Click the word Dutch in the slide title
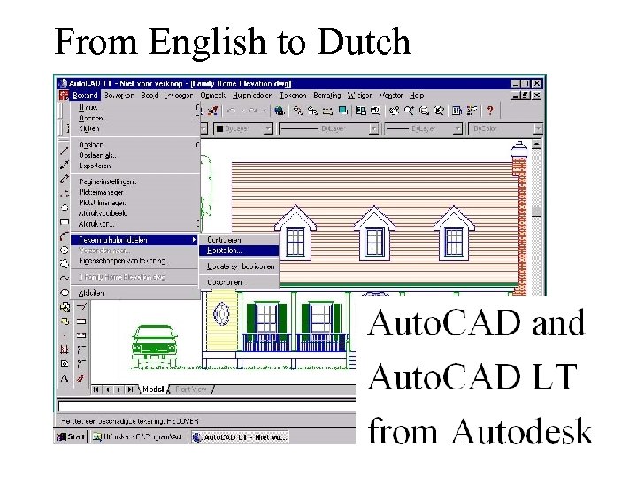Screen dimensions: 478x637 pyautogui.click(x=363, y=42)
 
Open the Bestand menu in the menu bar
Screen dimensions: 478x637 pyautogui.click(x=85, y=96)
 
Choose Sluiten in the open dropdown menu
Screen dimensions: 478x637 pyautogui.click(x=90, y=128)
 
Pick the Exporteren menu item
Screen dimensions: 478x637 pyautogui.click(x=96, y=165)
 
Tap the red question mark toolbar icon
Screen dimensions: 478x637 pyautogui.click(x=490, y=111)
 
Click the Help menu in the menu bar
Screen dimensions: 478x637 pyautogui.click(x=417, y=96)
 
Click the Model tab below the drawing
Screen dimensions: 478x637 pyautogui.click(x=152, y=389)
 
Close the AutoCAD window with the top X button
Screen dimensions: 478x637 pyautogui.click(x=537, y=84)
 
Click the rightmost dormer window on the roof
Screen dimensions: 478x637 pyautogui.click(x=454, y=235)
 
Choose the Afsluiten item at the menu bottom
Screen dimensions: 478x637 pyautogui.click(x=91, y=293)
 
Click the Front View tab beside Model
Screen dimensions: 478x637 pyautogui.click(x=190, y=389)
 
